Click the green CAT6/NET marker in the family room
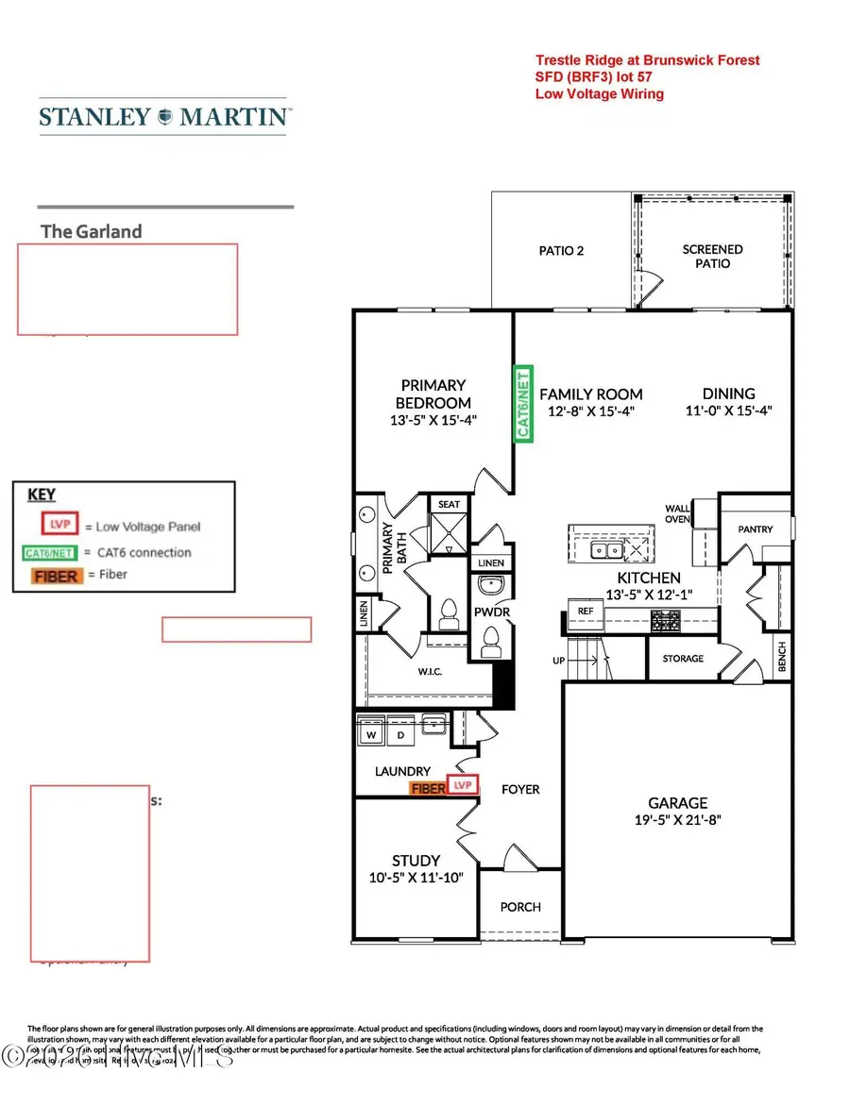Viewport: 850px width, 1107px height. pyautogui.click(x=522, y=404)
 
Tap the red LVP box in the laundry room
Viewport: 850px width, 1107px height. pyautogui.click(x=462, y=785)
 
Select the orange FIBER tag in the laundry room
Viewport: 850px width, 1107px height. pyautogui.click(x=427, y=787)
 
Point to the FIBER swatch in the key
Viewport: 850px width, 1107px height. pyautogui.click(x=56, y=575)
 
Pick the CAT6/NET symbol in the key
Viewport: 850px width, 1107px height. pyautogui.click(x=49, y=552)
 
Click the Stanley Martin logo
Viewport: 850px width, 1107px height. pyautogui.click(x=164, y=117)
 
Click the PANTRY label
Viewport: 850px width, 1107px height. pyautogui.click(x=756, y=529)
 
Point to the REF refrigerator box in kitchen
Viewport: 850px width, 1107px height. pyautogui.click(x=585, y=612)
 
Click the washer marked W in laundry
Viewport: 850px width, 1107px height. pyautogui.click(x=372, y=733)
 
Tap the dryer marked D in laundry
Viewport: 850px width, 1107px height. pyautogui.click(x=399, y=733)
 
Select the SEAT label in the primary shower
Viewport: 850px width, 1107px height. pyautogui.click(x=450, y=504)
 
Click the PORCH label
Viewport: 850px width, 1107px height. pyautogui.click(x=520, y=907)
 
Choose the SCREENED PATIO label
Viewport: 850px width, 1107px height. pyautogui.click(x=713, y=257)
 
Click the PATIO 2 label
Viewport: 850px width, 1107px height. pyautogui.click(x=561, y=251)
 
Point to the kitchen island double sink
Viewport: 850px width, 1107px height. pyautogui.click(x=602, y=549)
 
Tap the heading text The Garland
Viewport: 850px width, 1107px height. pyautogui.click(x=92, y=231)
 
